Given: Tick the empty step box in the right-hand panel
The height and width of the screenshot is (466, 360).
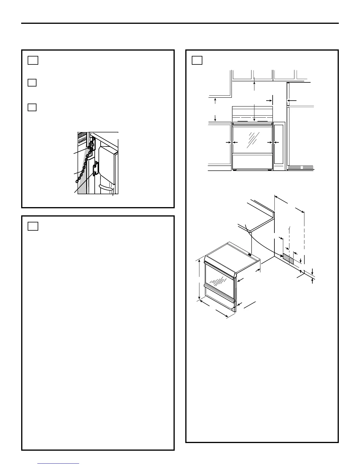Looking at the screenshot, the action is [x=197, y=60].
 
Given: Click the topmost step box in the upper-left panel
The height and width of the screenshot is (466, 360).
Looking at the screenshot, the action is [x=33, y=60].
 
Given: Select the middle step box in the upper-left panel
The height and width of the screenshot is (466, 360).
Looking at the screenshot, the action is [x=32, y=82].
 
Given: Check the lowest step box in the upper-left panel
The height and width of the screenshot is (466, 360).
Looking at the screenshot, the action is [x=32, y=107].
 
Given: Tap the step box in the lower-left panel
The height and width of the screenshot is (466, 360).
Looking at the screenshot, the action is [x=33, y=226].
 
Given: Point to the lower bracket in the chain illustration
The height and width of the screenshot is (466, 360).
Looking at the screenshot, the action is [x=95, y=170].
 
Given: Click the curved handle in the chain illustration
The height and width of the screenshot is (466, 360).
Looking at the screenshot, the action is [x=106, y=188].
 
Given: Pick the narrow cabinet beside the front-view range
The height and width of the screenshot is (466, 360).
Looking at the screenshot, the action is [x=279, y=146].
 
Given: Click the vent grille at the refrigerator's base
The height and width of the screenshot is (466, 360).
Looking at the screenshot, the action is [x=300, y=167].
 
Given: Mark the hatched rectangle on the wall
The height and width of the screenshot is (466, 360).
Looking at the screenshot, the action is [x=288, y=258].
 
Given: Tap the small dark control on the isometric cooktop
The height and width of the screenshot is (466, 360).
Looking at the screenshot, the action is [x=249, y=255].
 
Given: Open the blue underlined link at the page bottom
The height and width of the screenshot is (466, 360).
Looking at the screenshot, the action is [x=59, y=464].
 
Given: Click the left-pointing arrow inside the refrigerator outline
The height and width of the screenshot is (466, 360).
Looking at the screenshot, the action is [x=289, y=101].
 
